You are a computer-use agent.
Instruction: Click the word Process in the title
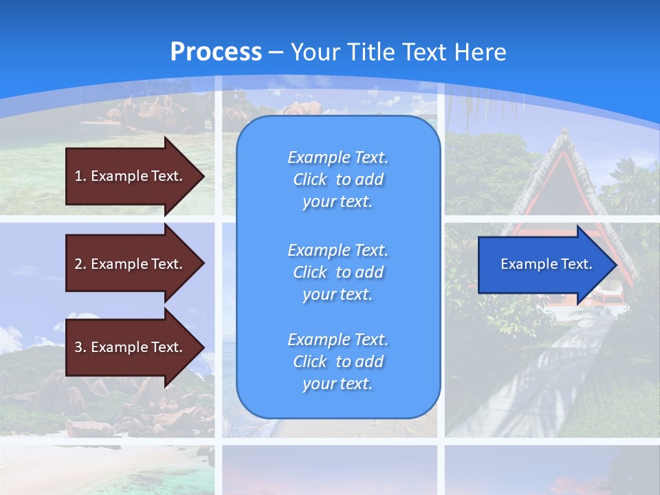(216, 52)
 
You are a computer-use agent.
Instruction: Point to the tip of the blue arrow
(615, 265)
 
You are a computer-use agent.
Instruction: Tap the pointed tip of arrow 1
(203, 176)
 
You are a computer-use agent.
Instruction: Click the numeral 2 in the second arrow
(78, 264)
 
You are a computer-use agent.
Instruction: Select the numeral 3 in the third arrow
(78, 347)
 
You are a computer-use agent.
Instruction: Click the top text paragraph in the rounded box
(338, 179)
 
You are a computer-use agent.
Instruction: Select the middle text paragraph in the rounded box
(338, 272)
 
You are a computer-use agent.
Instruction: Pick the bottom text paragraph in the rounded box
(338, 362)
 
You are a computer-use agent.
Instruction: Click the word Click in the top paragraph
(310, 179)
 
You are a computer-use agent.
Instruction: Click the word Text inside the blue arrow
(577, 264)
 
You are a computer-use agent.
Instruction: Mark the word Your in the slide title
(315, 52)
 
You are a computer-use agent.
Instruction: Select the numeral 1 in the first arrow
(78, 176)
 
